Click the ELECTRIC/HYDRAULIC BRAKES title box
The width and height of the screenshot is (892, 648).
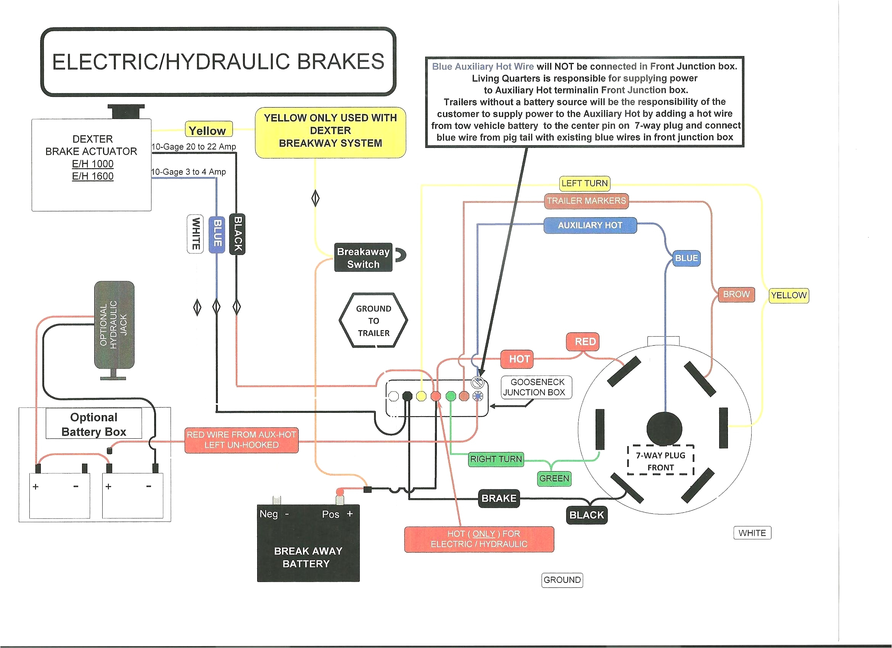click(218, 62)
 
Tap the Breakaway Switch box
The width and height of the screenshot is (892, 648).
click(363, 257)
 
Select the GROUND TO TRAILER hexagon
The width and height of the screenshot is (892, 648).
click(373, 321)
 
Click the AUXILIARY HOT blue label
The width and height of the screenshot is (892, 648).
click(590, 226)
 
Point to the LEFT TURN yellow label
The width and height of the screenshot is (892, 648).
click(584, 183)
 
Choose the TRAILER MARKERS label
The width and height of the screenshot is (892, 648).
click(586, 201)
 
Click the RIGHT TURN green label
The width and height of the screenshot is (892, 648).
click(496, 459)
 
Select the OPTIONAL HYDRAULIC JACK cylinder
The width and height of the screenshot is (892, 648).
click(114, 325)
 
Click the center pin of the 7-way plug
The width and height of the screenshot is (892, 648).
click(664, 428)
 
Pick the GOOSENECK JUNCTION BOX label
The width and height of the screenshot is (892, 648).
click(536, 387)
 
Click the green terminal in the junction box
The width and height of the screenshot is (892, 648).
click(451, 396)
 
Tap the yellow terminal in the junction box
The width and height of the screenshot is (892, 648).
click(421, 396)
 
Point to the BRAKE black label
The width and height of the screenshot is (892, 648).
click(499, 498)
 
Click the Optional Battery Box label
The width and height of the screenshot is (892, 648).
click(93, 424)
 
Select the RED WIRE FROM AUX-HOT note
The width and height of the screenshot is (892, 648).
click(241, 440)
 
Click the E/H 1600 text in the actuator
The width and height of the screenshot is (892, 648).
click(93, 176)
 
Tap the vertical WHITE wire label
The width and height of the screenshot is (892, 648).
click(195, 234)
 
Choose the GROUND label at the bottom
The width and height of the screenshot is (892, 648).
click(562, 580)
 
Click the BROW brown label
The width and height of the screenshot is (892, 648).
click(736, 294)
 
